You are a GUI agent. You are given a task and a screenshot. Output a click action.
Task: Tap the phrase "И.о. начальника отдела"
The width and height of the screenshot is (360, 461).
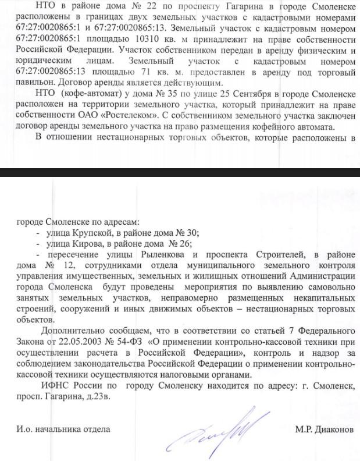click(63, 430)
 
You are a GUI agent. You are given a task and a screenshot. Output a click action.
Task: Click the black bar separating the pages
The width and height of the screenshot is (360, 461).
click(180, 173)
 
